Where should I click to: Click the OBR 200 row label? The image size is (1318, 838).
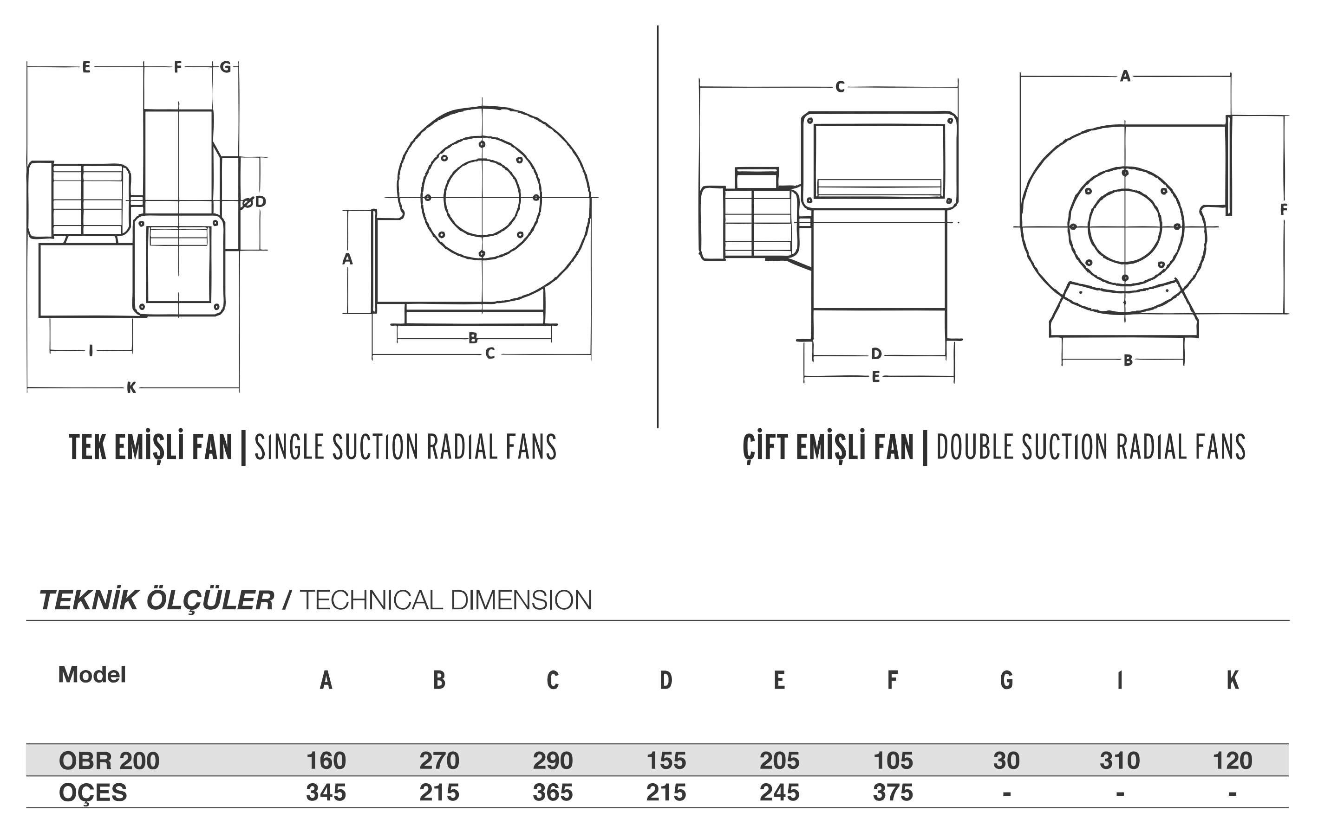click(109, 761)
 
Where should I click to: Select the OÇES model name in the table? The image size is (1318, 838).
click(92, 792)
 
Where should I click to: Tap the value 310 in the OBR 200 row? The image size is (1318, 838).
click(1119, 761)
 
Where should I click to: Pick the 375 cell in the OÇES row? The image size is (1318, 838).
click(893, 792)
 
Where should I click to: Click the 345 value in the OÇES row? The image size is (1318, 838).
click(326, 792)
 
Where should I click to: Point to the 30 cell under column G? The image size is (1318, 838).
click(1006, 761)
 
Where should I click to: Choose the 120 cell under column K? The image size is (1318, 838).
click(1233, 761)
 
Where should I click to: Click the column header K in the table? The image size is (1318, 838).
click(1233, 680)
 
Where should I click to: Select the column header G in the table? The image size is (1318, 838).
click(1006, 680)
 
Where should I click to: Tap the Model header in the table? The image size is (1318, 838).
click(92, 675)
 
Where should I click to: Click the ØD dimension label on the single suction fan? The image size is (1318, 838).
click(255, 202)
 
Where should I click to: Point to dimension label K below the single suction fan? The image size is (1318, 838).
click(131, 388)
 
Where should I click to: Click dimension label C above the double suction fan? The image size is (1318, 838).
click(840, 87)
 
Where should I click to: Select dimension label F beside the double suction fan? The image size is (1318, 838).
click(1284, 209)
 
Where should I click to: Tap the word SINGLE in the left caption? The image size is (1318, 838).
click(291, 446)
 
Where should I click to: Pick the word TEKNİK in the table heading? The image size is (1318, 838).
click(88, 600)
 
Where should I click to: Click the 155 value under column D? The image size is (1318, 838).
click(666, 761)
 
